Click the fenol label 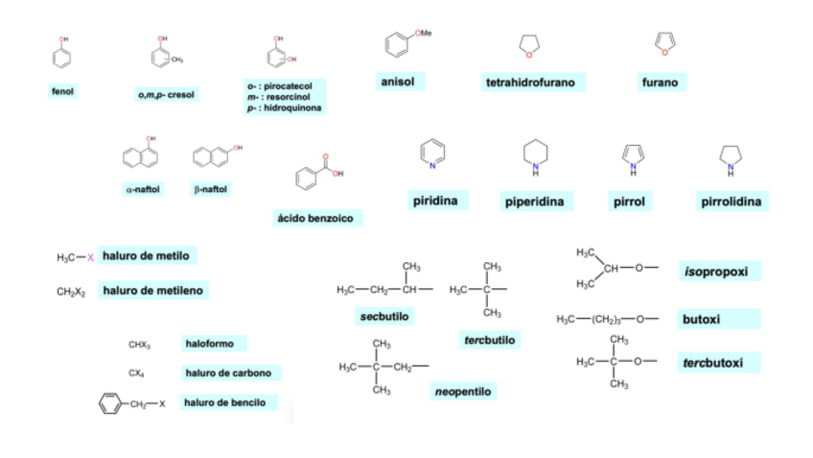[63, 91]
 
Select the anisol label [398, 82]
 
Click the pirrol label [630, 202]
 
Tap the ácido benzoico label [316, 219]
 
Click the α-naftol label [143, 190]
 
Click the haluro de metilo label [147, 255]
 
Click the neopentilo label [464, 392]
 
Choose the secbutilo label [382, 317]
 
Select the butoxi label [702, 319]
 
